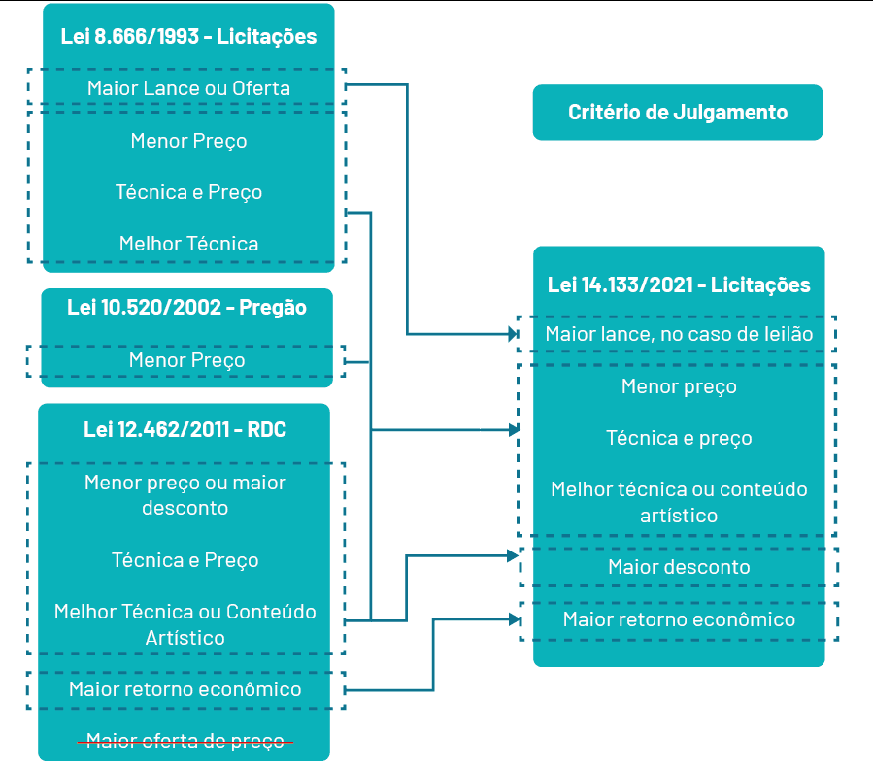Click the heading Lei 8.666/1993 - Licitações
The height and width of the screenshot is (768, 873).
188,38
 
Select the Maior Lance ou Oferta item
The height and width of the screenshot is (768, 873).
188,88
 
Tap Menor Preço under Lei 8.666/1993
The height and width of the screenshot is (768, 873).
188,141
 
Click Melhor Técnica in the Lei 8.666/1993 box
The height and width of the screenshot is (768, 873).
188,243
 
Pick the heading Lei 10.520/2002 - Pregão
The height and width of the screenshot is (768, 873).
186,308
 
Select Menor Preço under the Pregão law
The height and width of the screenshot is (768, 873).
186,360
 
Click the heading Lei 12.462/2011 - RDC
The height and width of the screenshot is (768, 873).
185,429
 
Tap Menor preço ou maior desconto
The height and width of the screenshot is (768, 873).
185,494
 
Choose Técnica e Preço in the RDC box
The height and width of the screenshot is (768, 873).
185,560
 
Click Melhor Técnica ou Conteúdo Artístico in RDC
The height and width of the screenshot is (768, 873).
185,624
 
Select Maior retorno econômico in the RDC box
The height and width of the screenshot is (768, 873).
185,689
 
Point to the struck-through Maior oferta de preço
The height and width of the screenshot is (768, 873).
185,741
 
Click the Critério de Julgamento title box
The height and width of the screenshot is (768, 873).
677,113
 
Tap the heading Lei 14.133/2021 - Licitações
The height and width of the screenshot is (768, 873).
678,285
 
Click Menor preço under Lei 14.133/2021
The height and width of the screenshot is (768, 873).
678,386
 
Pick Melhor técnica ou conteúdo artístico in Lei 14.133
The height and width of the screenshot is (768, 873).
678,502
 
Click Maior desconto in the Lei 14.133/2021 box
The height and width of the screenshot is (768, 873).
678,566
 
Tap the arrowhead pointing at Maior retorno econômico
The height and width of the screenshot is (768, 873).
514,618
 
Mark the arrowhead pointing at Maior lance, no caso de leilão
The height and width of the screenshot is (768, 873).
514,334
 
